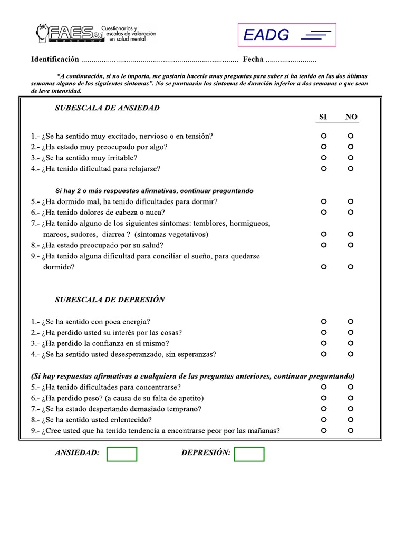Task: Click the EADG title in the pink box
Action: pos(266,35)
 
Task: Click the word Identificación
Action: pos(55,59)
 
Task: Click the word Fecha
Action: pos(253,59)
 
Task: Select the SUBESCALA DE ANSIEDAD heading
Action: pos(108,108)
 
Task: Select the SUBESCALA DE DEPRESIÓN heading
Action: pos(110,300)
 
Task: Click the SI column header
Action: pos(324,117)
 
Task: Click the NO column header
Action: pos(351,117)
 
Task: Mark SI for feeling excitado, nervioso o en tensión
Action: pos(324,136)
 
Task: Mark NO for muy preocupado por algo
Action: pos(351,147)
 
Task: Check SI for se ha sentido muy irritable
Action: pos(324,158)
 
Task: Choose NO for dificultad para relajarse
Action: pos(351,169)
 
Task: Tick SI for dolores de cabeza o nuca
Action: pos(324,213)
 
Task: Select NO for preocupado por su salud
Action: pos(351,245)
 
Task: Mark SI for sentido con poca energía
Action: pos(324,321)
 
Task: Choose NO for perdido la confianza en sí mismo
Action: pos(351,343)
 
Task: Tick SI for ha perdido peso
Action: pos(324,398)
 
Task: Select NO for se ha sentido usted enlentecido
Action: pos(351,420)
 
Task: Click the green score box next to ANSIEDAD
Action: pos(122,454)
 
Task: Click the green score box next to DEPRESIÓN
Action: pos(249,454)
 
